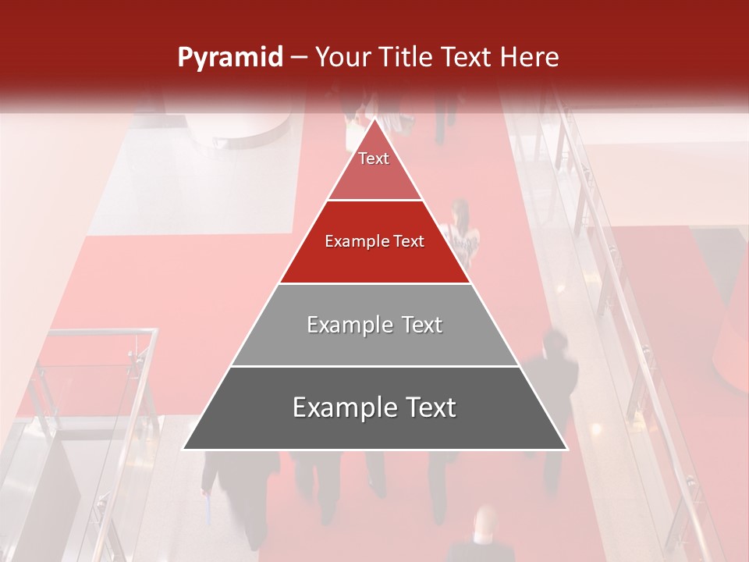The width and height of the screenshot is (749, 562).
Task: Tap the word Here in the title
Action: tap(530, 57)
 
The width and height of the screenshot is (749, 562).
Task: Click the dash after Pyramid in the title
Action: tap(297, 58)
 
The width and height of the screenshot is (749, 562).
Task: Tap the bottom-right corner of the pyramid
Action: tap(566, 449)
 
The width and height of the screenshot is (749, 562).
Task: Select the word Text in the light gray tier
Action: tap(417, 325)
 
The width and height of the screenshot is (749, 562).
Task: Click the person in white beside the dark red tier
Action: tap(462, 234)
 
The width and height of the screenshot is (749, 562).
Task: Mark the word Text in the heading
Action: tap(470, 57)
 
